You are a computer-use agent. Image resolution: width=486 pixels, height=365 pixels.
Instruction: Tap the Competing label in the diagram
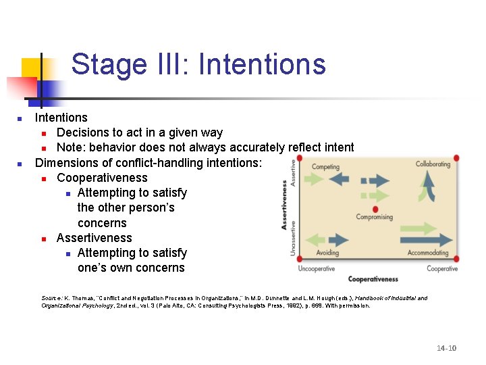pyautogui.click(x=325, y=166)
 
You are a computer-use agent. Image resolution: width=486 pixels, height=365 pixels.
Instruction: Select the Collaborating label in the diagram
pyautogui.click(x=433, y=164)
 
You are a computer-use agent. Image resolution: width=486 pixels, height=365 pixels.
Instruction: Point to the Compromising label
pyautogui.click(x=375, y=217)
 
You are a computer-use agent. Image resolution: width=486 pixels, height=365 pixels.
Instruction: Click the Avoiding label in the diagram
pyautogui.click(x=327, y=253)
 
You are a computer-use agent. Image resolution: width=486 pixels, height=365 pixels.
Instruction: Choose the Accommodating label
pyautogui.click(x=428, y=253)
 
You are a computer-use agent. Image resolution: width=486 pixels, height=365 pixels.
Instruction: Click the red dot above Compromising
pyautogui.click(x=375, y=209)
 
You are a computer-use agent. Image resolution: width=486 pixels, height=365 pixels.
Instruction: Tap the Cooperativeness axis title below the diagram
pyautogui.click(x=373, y=278)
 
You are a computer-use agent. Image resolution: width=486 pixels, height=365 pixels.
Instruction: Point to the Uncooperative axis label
pyautogui.click(x=317, y=268)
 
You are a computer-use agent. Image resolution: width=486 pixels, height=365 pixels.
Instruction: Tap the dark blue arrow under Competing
pyautogui.click(x=340, y=178)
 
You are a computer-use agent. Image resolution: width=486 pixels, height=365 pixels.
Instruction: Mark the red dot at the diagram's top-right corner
pyautogui.click(x=457, y=158)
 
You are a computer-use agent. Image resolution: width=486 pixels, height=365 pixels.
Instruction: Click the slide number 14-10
pyautogui.click(x=446, y=348)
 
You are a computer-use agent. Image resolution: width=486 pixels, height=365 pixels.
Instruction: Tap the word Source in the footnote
pyautogui.click(x=51, y=298)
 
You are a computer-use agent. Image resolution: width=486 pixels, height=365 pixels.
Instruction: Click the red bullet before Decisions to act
pyautogui.click(x=43, y=133)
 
